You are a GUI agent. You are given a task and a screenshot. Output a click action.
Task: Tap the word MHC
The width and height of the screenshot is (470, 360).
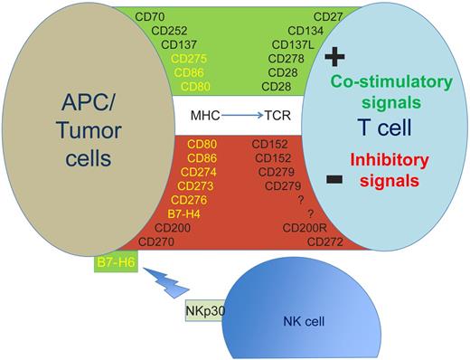(x=205, y=116)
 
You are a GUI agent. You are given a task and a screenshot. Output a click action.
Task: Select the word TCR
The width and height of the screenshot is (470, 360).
(x=277, y=116)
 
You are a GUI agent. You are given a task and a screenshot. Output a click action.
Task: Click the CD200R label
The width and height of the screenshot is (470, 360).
(x=303, y=228)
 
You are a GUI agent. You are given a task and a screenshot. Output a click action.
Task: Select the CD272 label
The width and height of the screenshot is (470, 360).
(x=325, y=242)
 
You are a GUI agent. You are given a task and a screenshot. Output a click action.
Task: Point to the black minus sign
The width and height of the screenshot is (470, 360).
(x=334, y=181)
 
